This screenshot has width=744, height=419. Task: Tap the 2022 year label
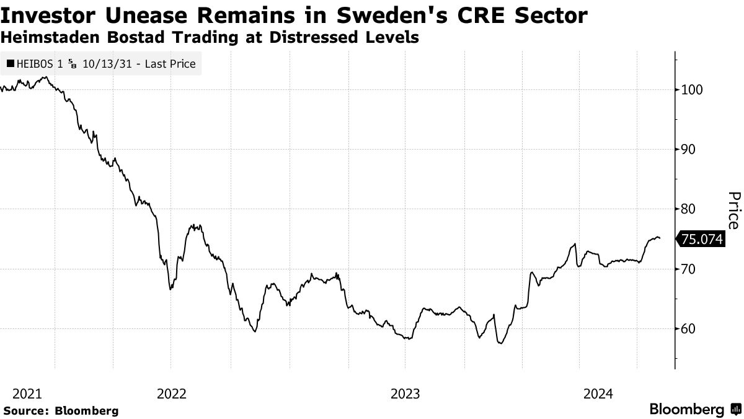coord(172,394)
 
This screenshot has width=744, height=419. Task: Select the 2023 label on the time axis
coord(405,394)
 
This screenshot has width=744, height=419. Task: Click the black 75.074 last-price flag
coord(702,239)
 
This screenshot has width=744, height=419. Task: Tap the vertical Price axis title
coord(733,210)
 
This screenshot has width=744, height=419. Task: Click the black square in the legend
coord(10,63)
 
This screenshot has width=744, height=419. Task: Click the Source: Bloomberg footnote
coord(61,410)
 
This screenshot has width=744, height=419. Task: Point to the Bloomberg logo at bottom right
coord(694,410)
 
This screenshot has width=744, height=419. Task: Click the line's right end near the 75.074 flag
coord(660,238)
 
